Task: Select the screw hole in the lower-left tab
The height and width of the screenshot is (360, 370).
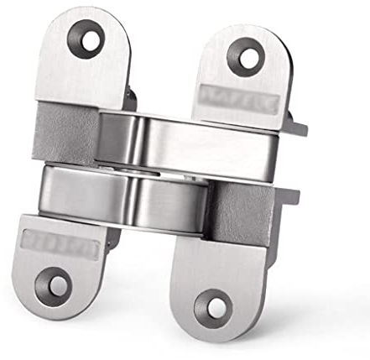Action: [58, 284]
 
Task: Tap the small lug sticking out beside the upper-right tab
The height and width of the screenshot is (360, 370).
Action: [294, 127]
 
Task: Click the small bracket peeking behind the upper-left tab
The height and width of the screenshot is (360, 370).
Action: [130, 97]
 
